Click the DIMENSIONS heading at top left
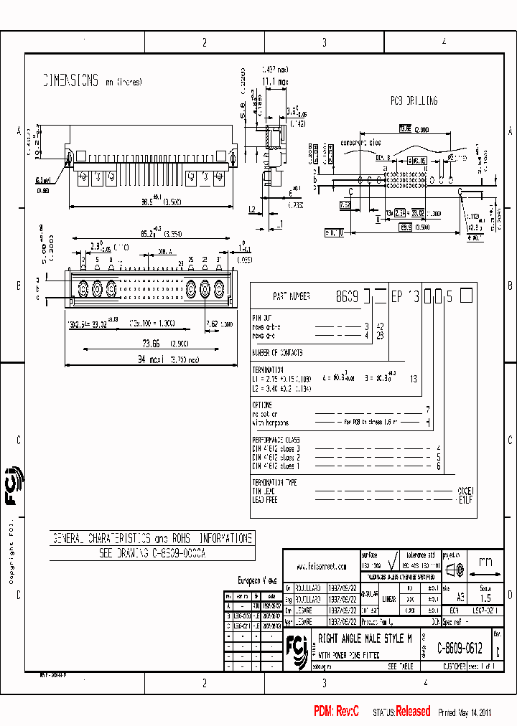69,80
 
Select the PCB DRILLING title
414,101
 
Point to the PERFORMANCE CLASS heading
276,440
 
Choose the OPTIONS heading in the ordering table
262,405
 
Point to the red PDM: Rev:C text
335,711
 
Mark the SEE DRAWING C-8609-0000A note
152,554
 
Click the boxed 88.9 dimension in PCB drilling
406,227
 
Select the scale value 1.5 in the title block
485,597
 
